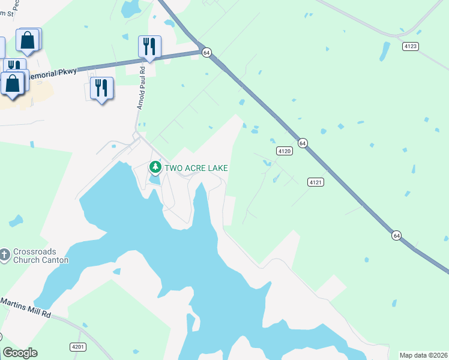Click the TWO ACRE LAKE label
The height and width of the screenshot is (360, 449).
(196, 169)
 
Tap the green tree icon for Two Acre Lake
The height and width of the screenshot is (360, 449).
(155, 166)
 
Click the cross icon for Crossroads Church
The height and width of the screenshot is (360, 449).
(5, 254)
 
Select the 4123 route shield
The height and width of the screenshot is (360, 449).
(411, 46)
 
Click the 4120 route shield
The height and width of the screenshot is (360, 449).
(285, 151)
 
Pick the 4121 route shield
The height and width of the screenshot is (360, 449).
(316, 181)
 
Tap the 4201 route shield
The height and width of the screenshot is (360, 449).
(78, 346)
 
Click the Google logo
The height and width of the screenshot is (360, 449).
(20, 353)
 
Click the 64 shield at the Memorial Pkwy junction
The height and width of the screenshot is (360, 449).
(206, 53)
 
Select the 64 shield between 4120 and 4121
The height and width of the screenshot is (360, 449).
(303, 143)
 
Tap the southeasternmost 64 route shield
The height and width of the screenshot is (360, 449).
(396, 235)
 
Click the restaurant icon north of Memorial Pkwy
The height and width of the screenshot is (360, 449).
(149, 46)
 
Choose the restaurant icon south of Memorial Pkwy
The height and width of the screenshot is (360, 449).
(101, 88)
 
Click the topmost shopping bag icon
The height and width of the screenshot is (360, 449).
(28, 40)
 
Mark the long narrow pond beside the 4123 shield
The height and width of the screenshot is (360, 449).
(384, 52)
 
